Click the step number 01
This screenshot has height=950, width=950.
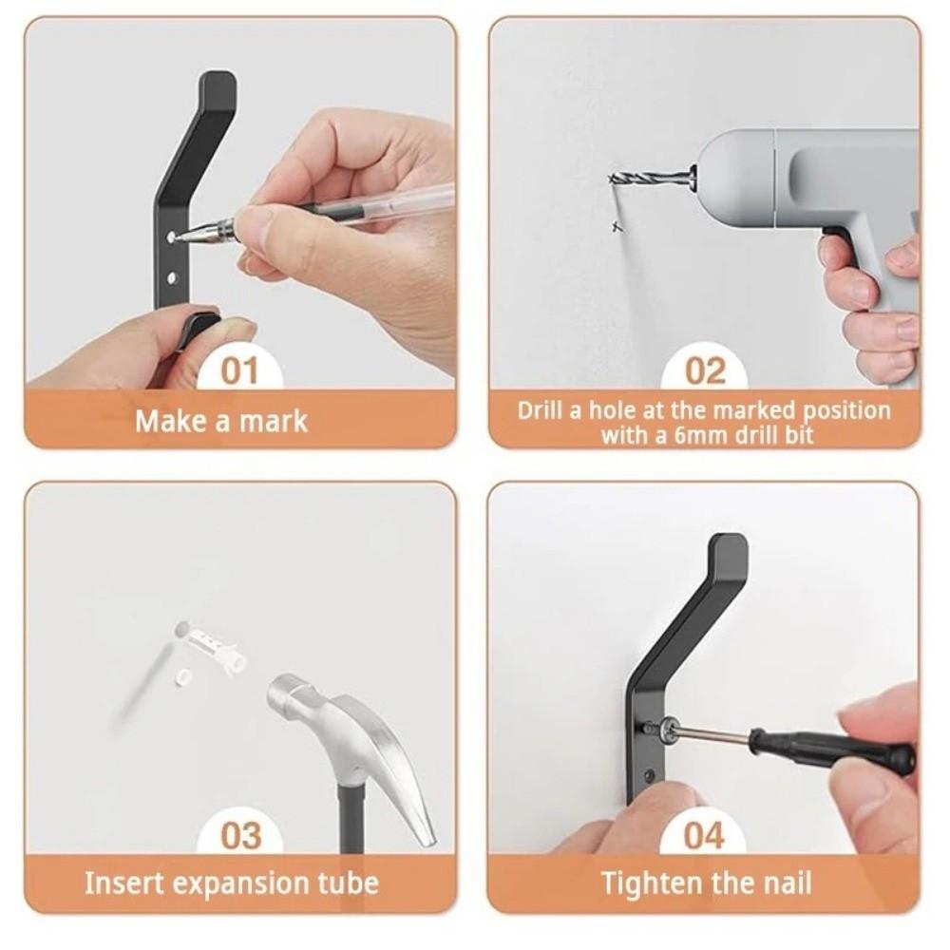(240, 370)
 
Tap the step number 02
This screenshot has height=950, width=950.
(704, 370)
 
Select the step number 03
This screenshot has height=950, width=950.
(240, 835)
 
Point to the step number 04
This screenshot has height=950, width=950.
(704, 835)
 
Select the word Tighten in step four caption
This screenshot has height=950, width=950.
(646, 883)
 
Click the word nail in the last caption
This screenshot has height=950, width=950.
(788, 883)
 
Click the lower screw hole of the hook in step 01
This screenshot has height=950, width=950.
(173, 277)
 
